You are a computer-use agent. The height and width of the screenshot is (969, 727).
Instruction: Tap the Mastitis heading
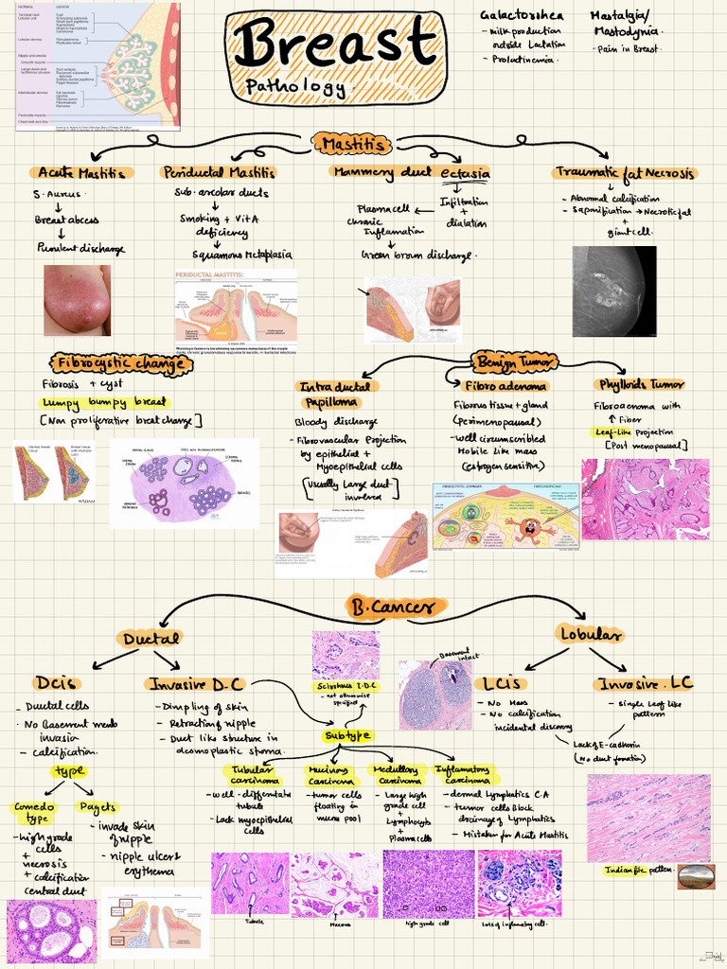pyautogui.click(x=352, y=144)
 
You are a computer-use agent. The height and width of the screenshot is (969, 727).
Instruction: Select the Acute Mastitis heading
pyautogui.click(x=80, y=173)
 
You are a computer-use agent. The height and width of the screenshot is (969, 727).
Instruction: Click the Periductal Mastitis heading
pyautogui.click(x=219, y=173)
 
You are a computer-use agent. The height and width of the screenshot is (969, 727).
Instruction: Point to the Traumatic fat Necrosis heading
pyautogui.click(x=625, y=173)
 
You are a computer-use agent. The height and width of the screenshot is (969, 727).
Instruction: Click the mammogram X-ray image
pyautogui.click(x=613, y=291)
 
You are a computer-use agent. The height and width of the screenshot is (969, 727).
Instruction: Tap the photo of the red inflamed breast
pyautogui.click(x=77, y=300)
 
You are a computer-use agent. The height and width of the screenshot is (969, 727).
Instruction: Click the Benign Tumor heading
pyautogui.click(x=516, y=361)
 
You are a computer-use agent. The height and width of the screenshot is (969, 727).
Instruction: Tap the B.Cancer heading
pyautogui.click(x=392, y=607)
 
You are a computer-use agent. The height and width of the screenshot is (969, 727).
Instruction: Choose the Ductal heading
pyautogui.click(x=151, y=640)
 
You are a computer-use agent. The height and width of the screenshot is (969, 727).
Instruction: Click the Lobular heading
pyautogui.click(x=590, y=634)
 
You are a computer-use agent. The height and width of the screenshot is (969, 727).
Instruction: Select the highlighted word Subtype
pyautogui.click(x=347, y=736)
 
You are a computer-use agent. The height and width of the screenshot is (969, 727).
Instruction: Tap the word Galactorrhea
pyautogui.click(x=522, y=16)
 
